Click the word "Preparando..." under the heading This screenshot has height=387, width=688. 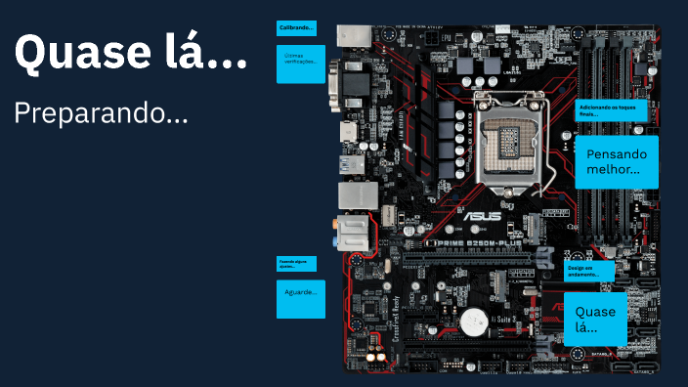pos(101,113)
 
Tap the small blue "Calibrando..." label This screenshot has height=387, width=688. pos(296,28)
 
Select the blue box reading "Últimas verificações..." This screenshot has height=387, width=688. pos(300,64)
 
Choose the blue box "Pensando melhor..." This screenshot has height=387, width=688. pos(616,161)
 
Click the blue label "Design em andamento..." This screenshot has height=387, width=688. pos(589,270)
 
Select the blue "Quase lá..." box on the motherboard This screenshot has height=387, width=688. pos(595,319)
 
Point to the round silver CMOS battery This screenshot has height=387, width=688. pos(475,322)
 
